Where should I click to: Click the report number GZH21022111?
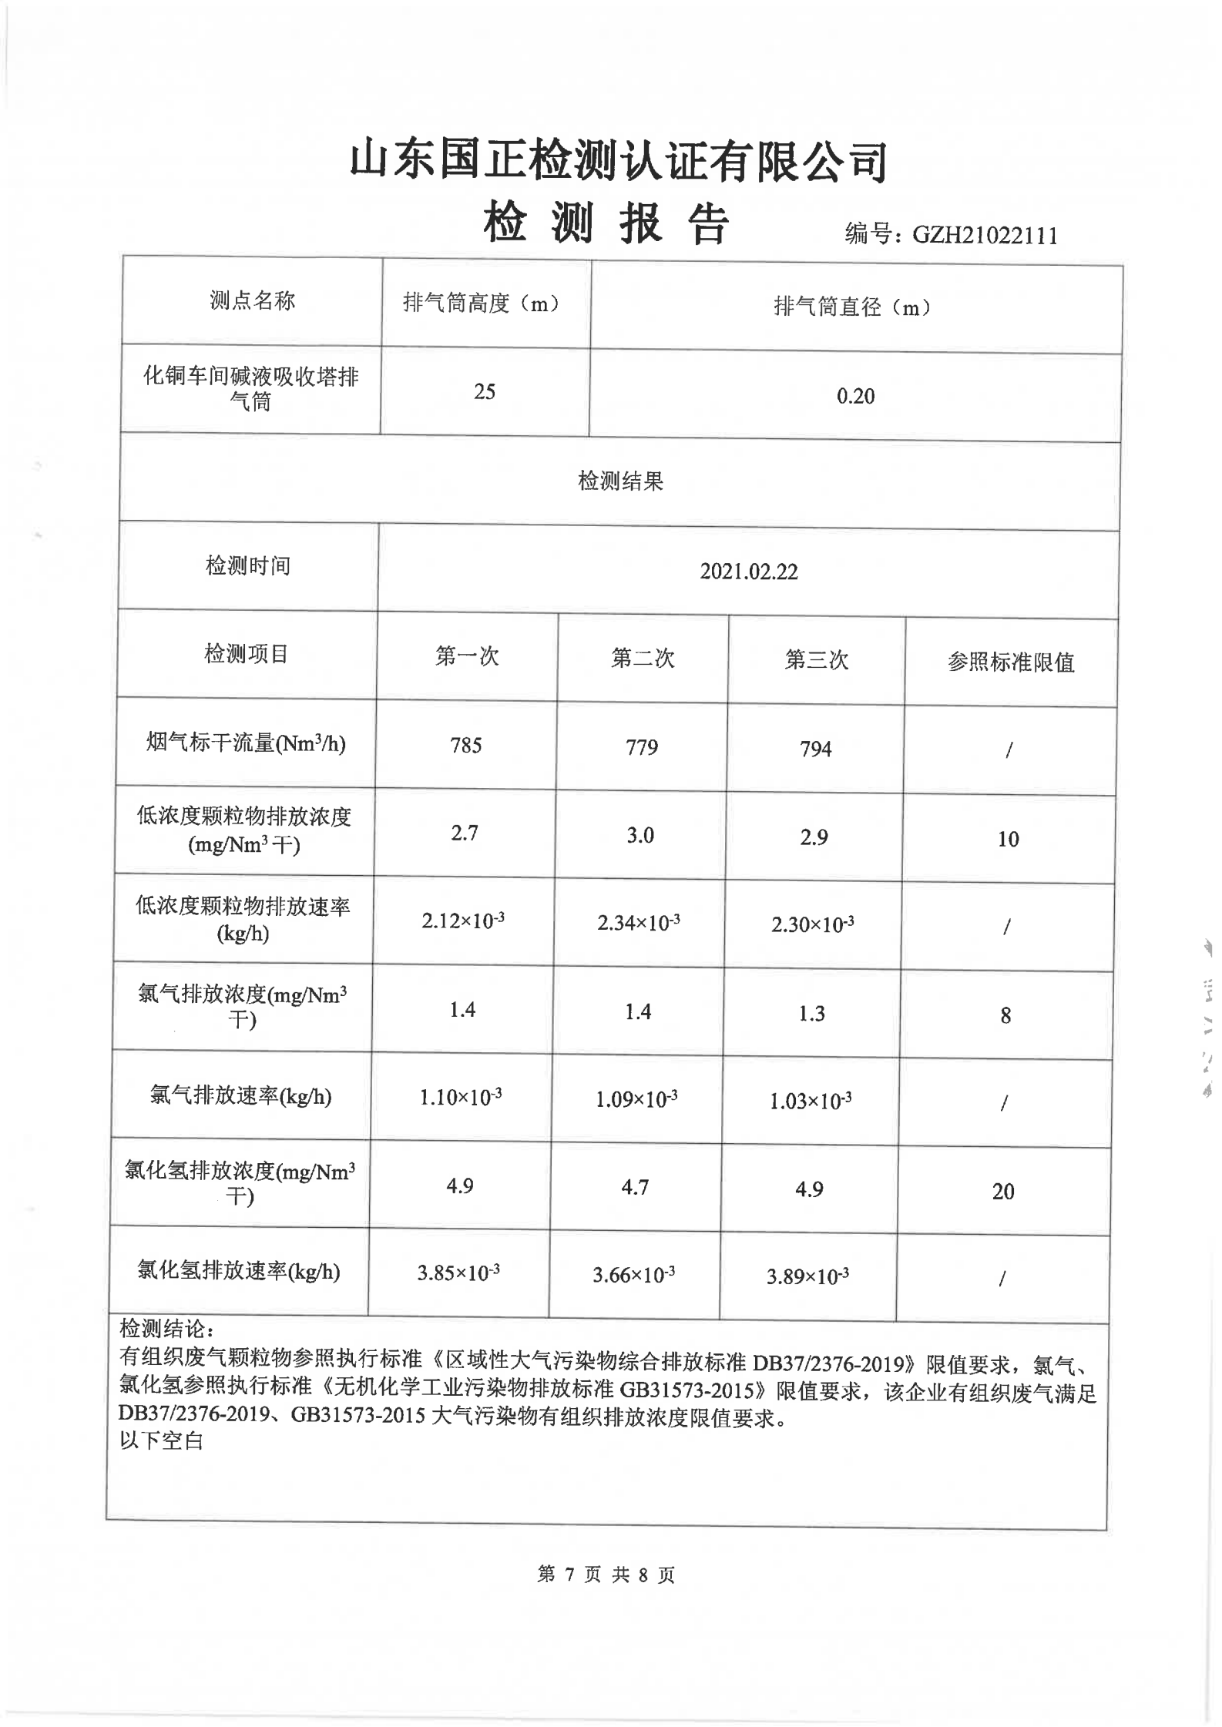984,235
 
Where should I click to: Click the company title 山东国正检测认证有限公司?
619,161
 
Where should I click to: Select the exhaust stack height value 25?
485,392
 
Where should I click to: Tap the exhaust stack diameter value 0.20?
855,397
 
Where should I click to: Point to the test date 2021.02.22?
748,572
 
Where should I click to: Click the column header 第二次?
643,659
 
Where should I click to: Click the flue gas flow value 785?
466,746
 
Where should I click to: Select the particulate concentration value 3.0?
640,836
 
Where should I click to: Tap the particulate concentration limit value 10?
1008,840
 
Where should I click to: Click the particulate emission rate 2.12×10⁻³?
463,921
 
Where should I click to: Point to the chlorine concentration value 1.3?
812,1014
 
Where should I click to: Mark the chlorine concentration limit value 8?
1005,1016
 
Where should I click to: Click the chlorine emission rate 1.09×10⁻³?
636,1099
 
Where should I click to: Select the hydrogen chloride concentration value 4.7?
635,1188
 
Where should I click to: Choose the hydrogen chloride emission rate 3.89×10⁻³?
807,1277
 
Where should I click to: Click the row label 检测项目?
247,655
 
